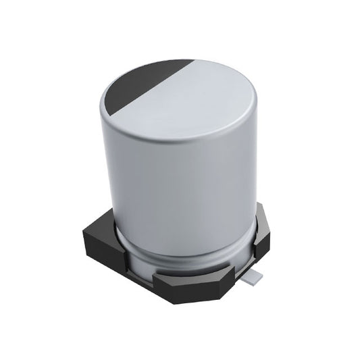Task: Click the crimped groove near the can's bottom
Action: coord(182,247)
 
